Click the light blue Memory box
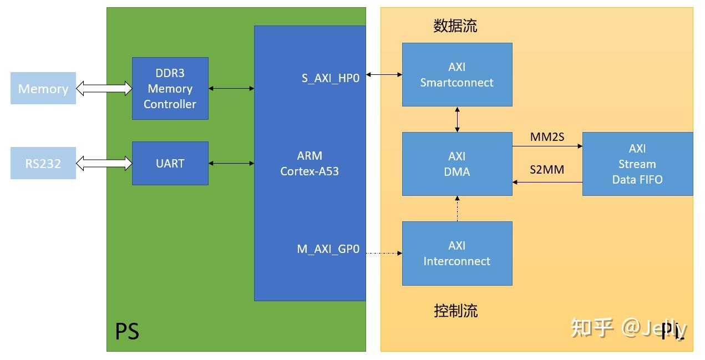tap(43, 88)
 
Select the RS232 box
tap(43, 163)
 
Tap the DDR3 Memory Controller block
tap(170, 88)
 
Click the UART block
tap(170, 163)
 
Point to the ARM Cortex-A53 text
tap(309, 163)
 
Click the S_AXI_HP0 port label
tap(331, 78)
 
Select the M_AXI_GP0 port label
tap(328, 249)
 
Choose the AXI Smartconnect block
tap(457, 74)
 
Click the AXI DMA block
tap(457, 164)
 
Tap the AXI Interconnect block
tap(457, 253)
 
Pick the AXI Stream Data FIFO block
tap(637, 164)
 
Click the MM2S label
tap(547, 136)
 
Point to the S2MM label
tap(547, 170)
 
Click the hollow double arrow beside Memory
tap(104, 88)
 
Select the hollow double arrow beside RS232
tap(104, 163)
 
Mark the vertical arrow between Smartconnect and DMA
tap(457, 119)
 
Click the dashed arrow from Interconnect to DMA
tap(457, 209)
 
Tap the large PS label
tap(127, 331)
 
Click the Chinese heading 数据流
tap(455, 26)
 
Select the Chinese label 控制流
tap(455, 311)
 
